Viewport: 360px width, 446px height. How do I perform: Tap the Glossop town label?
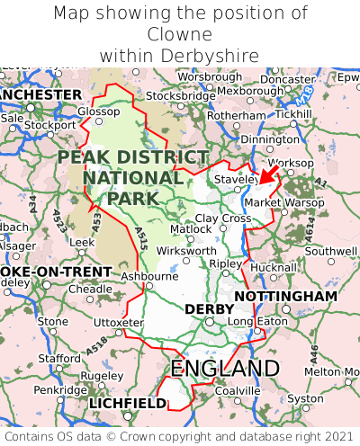pos(98,111)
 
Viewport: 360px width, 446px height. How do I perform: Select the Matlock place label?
pos(191,229)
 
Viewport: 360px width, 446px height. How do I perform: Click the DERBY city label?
pos(202,308)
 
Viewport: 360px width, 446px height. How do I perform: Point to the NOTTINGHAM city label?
pos(285,296)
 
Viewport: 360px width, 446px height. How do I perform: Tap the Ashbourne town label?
pos(148,276)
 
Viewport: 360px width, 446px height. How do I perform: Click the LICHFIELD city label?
pos(128,404)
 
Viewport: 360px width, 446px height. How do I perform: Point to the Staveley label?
pos(235,180)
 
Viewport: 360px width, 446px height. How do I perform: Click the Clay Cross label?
pos(223,219)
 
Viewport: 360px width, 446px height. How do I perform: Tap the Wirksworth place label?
pos(186,251)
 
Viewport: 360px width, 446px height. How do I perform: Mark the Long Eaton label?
pos(254,322)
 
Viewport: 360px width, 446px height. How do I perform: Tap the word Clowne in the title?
pos(180,34)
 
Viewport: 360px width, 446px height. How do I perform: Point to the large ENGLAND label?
pos(225,368)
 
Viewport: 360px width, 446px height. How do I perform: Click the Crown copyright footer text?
pos(180,435)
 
